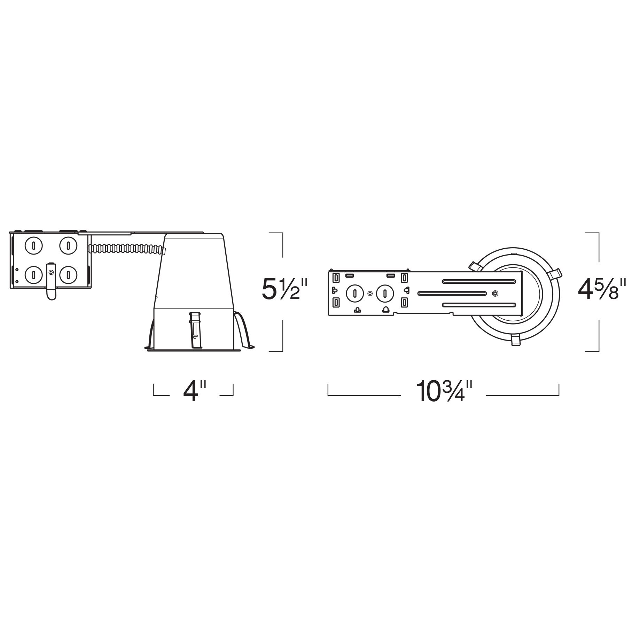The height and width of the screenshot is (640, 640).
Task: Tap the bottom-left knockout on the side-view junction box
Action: click(x=33, y=274)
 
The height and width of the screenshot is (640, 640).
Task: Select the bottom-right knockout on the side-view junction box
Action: click(x=68, y=274)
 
